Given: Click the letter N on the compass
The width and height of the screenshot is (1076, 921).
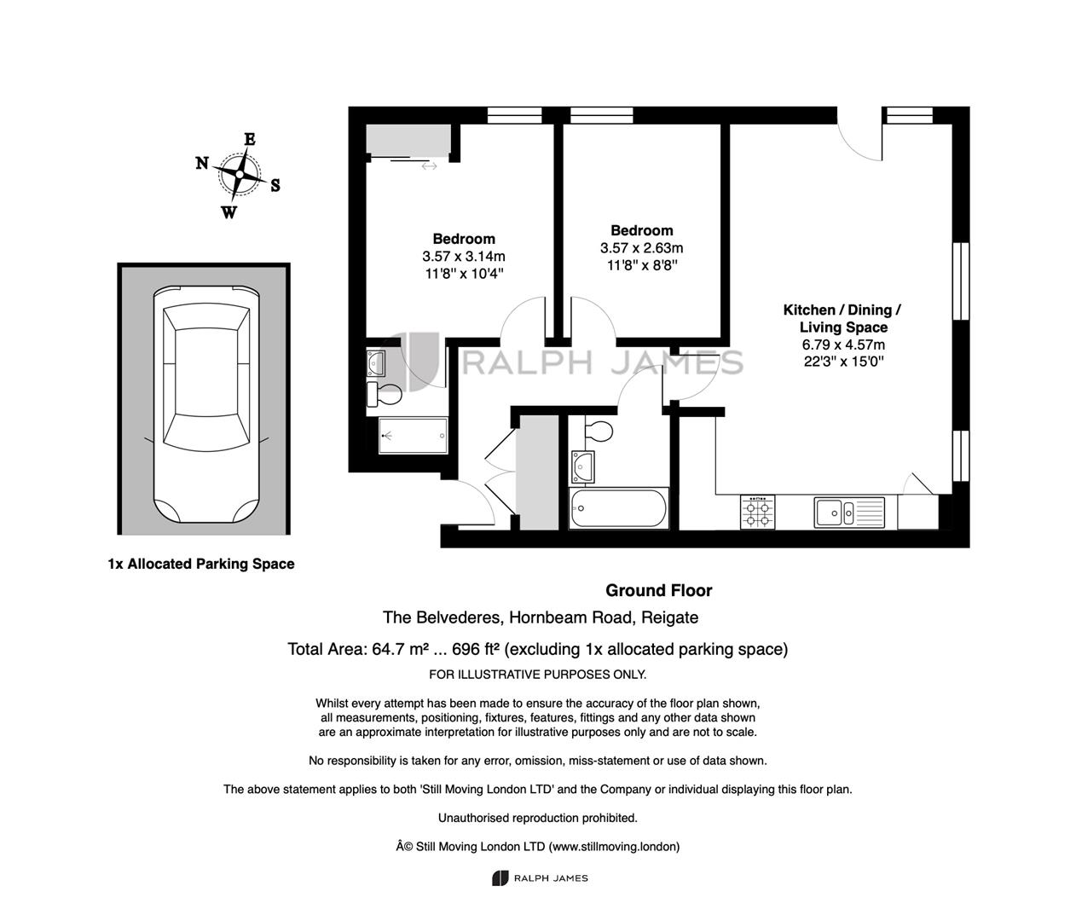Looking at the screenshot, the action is point(202,163).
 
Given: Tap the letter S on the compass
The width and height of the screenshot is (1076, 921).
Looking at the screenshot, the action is point(275,185).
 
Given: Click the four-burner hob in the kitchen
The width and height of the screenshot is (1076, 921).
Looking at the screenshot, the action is point(757,512).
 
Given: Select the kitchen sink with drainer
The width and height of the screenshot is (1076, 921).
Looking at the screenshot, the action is point(849,513).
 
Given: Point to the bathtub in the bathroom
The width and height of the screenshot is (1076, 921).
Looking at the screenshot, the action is point(618,508).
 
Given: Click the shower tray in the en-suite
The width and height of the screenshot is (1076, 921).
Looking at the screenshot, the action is point(413,435).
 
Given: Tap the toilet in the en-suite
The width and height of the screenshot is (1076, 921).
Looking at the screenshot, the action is point(384,394).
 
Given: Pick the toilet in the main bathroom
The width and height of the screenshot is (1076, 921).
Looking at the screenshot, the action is point(599,432).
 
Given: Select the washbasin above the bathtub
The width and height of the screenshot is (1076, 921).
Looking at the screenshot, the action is point(582,466).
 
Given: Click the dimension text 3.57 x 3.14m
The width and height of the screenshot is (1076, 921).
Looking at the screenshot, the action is point(463,256).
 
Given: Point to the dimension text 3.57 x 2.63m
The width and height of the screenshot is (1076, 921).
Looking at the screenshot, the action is point(641,248).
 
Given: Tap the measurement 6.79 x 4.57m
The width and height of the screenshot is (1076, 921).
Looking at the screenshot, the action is point(843,345).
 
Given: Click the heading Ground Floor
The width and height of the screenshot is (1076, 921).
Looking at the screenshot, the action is point(658,590).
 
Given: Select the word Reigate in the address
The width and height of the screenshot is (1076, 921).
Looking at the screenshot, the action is point(669,617).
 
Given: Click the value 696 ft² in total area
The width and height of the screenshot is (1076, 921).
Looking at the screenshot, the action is point(476,649).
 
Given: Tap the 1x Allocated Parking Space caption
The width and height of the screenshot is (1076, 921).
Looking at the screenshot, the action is point(201,564).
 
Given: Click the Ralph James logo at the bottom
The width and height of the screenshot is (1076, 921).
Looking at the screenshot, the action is point(540,878).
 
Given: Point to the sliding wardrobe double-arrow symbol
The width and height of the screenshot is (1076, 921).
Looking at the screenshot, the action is point(429,166).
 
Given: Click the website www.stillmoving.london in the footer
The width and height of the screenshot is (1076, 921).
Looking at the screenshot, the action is point(615,847).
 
